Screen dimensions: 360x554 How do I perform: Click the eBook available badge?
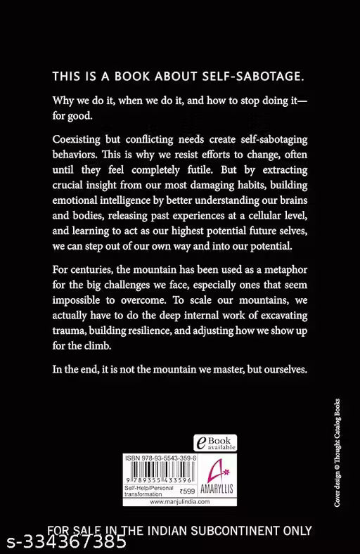(215, 443)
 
